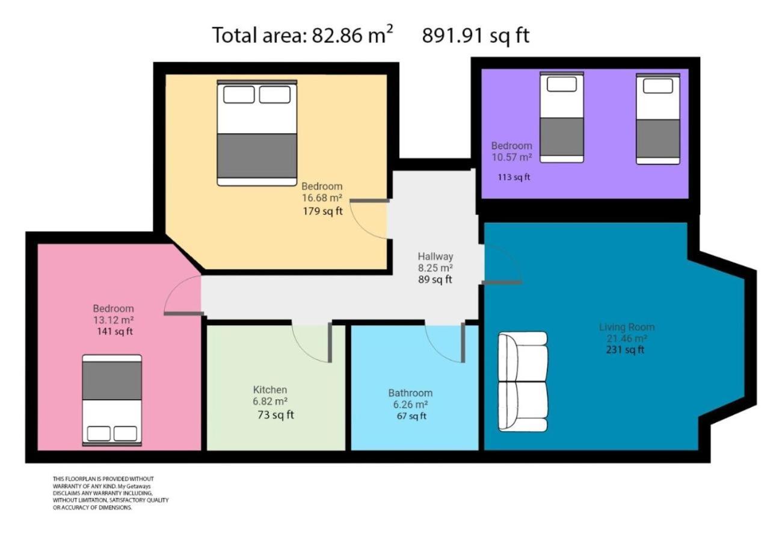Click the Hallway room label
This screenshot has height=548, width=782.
(436, 257)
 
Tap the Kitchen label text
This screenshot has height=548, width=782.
(270, 390)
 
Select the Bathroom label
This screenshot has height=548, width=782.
(410, 393)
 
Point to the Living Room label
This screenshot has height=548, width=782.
(627, 327)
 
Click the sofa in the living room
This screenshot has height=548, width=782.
(523, 382)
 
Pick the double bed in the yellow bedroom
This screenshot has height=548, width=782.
(257, 133)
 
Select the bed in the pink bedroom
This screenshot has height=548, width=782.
(112, 400)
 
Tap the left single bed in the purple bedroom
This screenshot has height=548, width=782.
(562, 117)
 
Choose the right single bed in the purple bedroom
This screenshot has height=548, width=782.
(658, 119)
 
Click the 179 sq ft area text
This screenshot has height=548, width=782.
(322, 211)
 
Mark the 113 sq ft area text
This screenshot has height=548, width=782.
(514, 177)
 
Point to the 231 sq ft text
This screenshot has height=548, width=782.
(625, 349)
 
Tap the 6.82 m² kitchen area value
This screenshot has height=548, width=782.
(270, 401)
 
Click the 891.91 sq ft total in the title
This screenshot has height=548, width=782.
(476, 36)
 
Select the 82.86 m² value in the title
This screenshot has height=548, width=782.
(353, 34)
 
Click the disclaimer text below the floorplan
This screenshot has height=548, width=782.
(111, 493)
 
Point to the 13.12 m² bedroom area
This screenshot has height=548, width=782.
(114, 320)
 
